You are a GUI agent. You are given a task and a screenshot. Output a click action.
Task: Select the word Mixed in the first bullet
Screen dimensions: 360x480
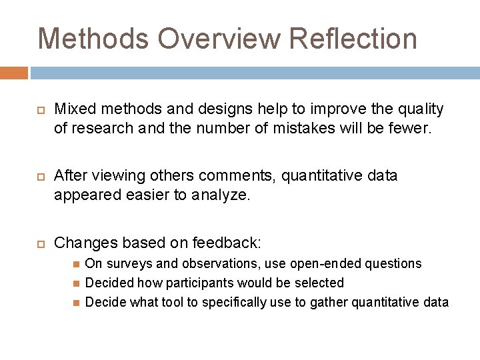(71, 109)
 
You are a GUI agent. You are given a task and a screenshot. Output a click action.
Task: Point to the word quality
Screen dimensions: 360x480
(418, 109)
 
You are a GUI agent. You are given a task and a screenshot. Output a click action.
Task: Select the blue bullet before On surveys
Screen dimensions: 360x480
(76, 265)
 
